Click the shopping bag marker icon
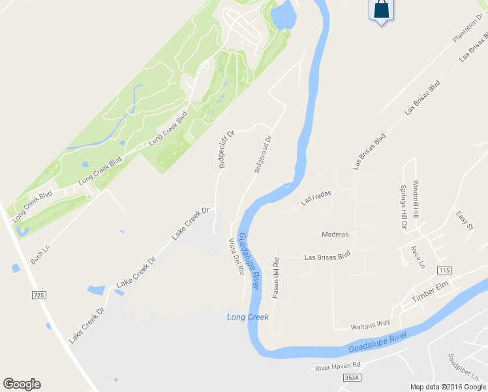[382, 10]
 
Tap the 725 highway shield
[39, 296]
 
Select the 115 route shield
[445, 270]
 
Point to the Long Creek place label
[248, 318]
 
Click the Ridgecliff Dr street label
[226, 149]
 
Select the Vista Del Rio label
[236, 257]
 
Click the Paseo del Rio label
[277, 279]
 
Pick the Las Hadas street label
[317, 199]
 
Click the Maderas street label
[335, 234]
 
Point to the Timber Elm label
[431, 291]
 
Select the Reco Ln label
[417, 257]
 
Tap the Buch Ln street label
[40, 253]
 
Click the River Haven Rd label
[338, 367]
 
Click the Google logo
[22, 384]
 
